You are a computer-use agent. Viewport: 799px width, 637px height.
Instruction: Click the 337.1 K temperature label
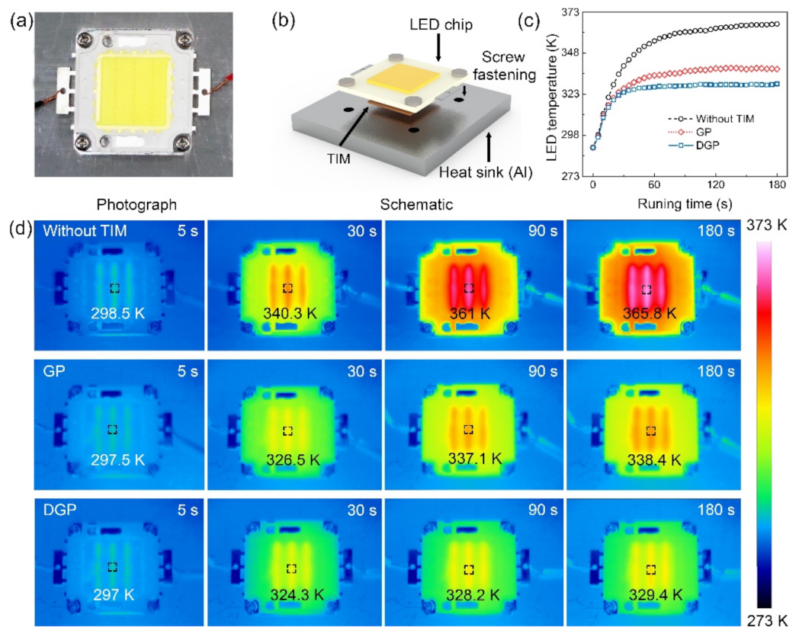(x=470, y=459)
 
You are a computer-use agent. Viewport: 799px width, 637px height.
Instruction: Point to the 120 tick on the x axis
(x=714, y=185)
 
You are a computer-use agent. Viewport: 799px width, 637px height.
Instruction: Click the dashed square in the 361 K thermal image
(x=469, y=288)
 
